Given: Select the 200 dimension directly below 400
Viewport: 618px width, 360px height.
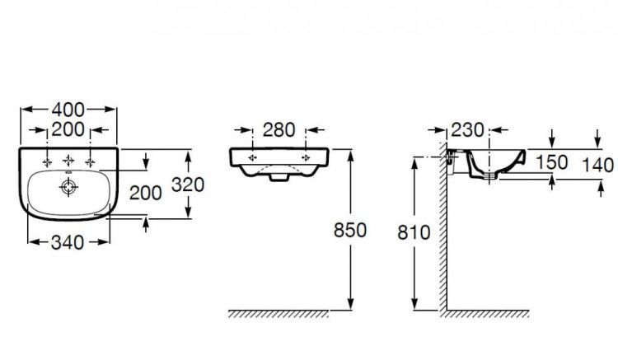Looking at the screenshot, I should pyautogui.click(x=68, y=129).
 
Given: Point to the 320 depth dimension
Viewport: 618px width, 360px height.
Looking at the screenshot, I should pyautogui.click(x=186, y=185).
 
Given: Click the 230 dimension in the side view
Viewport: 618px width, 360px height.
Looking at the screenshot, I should pyautogui.click(x=466, y=129).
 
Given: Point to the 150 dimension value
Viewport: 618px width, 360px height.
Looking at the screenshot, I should pyautogui.click(x=551, y=163).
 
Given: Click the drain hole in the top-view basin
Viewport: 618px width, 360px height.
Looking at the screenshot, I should pyautogui.click(x=67, y=188).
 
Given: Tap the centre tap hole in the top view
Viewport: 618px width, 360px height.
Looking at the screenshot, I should pyautogui.click(x=68, y=159).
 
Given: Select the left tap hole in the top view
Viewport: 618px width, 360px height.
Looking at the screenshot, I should pyautogui.click(x=46, y=159).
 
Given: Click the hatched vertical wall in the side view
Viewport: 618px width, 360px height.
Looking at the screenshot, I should pyautogui.click(x=442, y=239).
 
